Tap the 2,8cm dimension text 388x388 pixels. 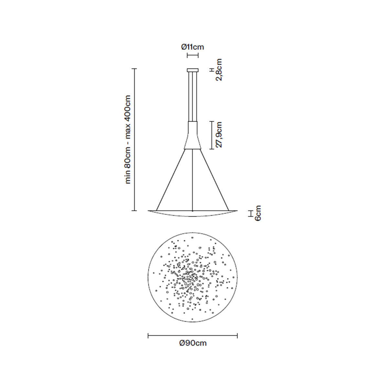pyautogui.click(x=220, y=70)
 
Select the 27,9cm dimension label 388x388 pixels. pyautogui.click(x=220, y=135)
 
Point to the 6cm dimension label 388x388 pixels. pyautogui.click(x=258, y=213)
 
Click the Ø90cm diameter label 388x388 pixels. pyautogui.click(x=193, y=343)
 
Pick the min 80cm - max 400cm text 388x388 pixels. pyautogui.click(x=128, y=139)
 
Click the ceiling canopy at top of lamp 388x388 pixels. pyautogui.click(x=193, y=70)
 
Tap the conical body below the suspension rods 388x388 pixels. pyautogui.click(x=193, y=136)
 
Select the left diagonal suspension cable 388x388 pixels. pyautogui.click(x=170, y=179)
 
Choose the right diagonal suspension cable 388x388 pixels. pyautogui.click(x=215, y=179)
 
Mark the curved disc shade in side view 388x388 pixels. pyautogui.click(x=193, y=213)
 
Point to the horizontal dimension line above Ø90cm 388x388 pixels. pyautogui.click(x=193, y=336)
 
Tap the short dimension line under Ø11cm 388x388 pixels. pyautogui.click(x=193, y=55)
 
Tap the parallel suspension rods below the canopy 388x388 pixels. pyautogui.click(x=193, y=97)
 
